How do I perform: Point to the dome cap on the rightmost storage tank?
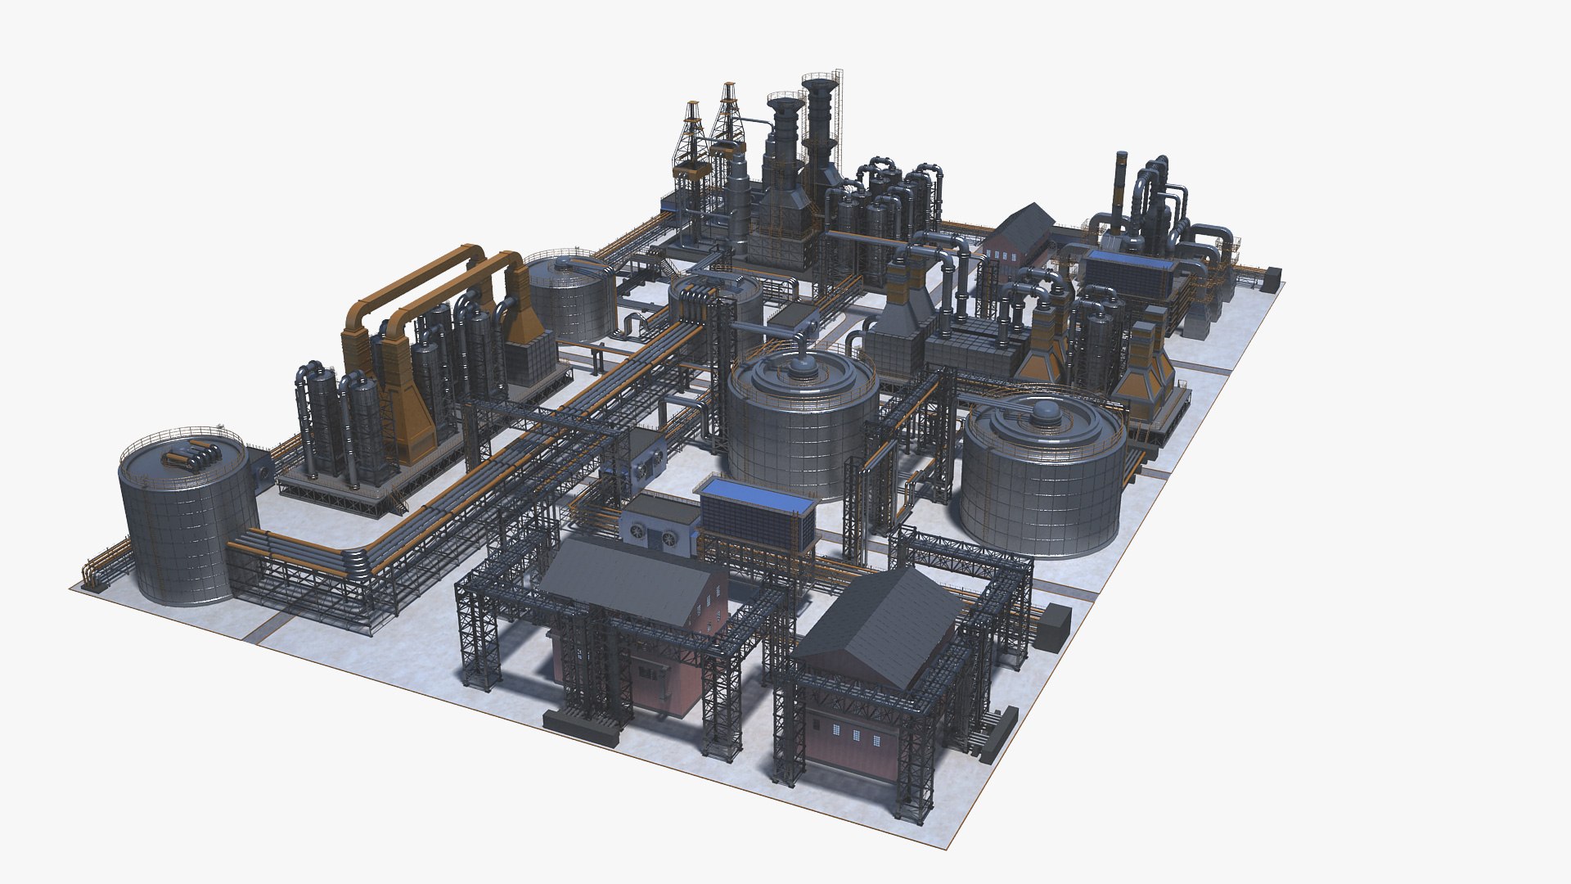1045,412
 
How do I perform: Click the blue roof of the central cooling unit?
757,491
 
